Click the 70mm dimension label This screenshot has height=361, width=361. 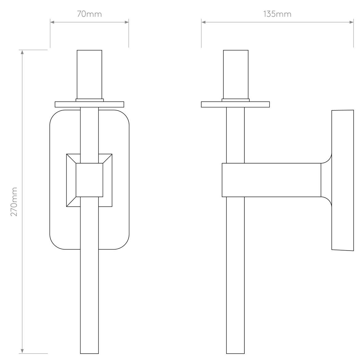point(89,14)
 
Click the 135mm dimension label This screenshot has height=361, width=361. point(277,14)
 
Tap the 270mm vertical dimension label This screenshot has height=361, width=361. point(14,201)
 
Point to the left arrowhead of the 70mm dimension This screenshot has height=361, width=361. point(52,22)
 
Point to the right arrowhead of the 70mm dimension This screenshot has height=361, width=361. point(127,22)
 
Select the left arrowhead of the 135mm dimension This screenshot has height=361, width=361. point(203,22)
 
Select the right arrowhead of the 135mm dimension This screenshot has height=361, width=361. point(351,22)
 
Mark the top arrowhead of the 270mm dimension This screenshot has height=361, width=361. point(22,52)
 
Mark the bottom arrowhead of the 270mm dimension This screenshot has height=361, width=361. point(22,351)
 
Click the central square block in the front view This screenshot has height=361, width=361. point(89,180)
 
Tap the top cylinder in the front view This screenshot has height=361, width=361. point(89,74)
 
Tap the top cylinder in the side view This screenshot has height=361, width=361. point(235,74)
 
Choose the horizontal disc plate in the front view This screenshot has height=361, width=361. point(89,104)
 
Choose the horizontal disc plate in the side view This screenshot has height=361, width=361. point(235,104)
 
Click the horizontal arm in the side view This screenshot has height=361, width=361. point(272,180)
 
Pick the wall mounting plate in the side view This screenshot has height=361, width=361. point(342,180)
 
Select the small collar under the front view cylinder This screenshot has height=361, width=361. point(89,100)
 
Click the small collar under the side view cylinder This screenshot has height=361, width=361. point(235,100)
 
